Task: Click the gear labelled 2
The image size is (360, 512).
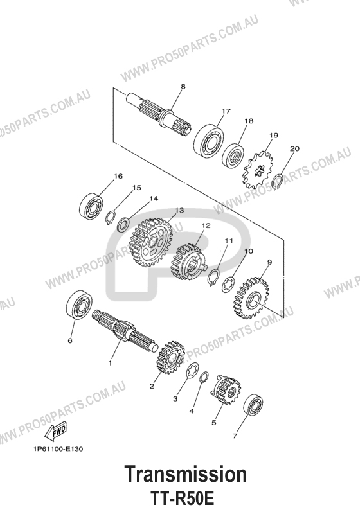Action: click(170, 357)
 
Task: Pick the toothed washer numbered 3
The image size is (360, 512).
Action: click(192, 371)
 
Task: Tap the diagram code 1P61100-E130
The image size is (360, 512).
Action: click(58, 449)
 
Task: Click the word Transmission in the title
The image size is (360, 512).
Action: click(186, 475)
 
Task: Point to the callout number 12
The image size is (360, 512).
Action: click(206, 225)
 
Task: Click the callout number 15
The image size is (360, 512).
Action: click(136, 188)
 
